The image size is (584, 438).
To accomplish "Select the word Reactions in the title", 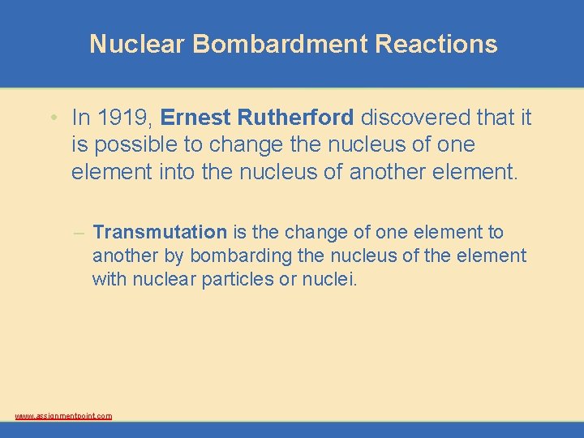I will pos(436,44).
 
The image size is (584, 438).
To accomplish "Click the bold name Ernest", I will pos(196,118).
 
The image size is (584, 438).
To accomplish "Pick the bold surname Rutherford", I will pos(296,118).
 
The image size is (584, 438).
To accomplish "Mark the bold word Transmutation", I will pos(160,232).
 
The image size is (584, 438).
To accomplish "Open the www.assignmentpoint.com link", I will pos(63,416).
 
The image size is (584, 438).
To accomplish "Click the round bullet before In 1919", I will pos(52,118).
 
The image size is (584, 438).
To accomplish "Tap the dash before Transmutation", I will pos(79,233).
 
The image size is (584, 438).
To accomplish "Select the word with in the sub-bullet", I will pos(109,280).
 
